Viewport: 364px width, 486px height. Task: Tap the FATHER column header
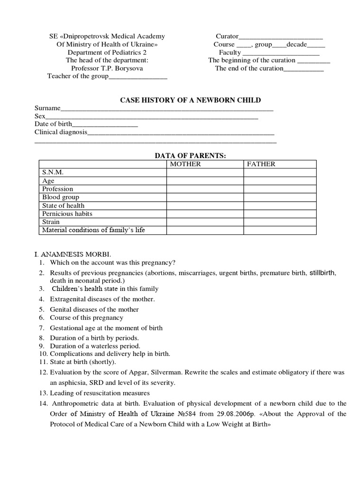point(260,164)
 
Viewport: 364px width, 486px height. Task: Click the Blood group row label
point(61,197)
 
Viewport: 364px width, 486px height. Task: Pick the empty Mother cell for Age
point(205,181)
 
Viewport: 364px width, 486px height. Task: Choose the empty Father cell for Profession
point(280,189)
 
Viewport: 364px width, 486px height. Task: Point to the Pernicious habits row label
point(67,214)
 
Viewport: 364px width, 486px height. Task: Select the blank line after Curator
point(281,37)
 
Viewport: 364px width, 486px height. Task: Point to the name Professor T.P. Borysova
point(107,68)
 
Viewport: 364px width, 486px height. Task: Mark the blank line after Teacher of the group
point(138,76)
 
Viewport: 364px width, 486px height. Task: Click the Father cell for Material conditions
point(280,230)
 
